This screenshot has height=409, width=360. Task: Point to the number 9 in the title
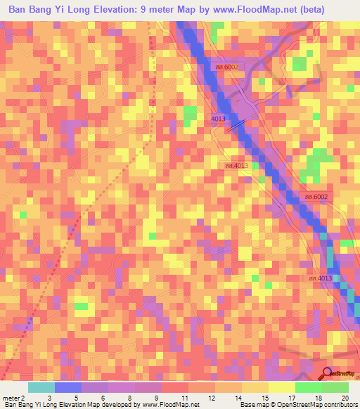[162, 11]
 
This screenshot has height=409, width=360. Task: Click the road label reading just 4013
[218, 119]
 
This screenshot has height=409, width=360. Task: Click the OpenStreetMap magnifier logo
[327, 375]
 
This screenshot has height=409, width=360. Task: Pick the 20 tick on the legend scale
[345, 397]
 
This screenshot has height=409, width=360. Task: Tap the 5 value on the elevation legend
[76, 397]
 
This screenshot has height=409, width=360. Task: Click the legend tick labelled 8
[129, 397]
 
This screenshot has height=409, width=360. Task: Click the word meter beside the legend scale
[11, 397]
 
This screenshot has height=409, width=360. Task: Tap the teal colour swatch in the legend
[41, 387]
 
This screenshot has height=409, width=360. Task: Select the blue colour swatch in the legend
[68, 387]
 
